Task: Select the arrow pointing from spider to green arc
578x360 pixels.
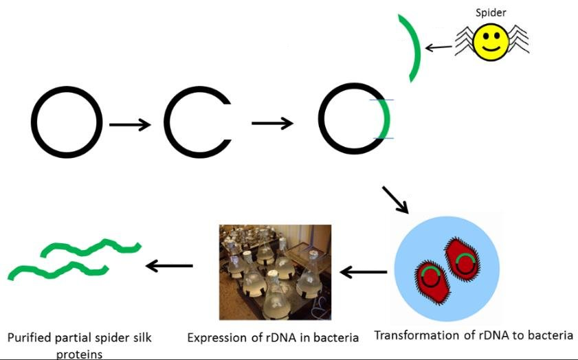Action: coord(439,48)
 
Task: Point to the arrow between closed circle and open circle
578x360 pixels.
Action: coord(130,124)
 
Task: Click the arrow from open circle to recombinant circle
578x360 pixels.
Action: coord(273,124)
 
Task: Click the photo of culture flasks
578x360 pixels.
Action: coord(275,271)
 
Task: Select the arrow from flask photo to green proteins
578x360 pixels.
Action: coord(168,266)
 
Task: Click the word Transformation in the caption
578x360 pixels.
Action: coord(414,335)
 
